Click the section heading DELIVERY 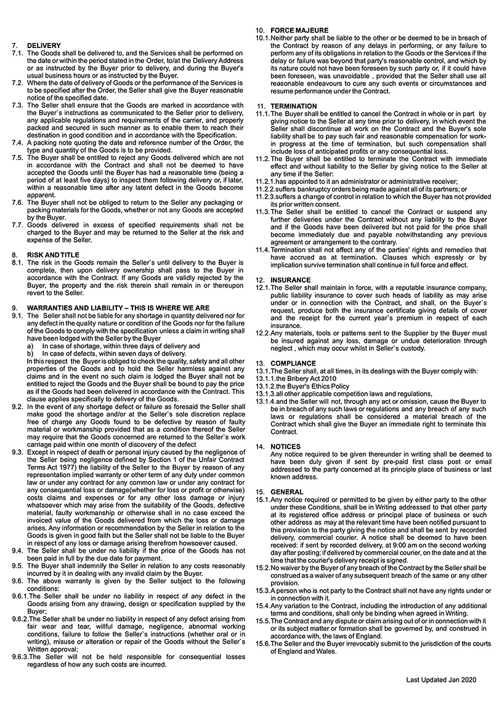(44, 46)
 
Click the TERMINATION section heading (294, 106)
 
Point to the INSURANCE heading (291, 280)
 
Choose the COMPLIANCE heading (293, 364)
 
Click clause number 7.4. (17, 142)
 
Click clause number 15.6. (263, 643)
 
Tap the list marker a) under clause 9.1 (31, 346)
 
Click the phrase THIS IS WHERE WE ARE (174, 308)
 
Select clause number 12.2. (263, 333)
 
